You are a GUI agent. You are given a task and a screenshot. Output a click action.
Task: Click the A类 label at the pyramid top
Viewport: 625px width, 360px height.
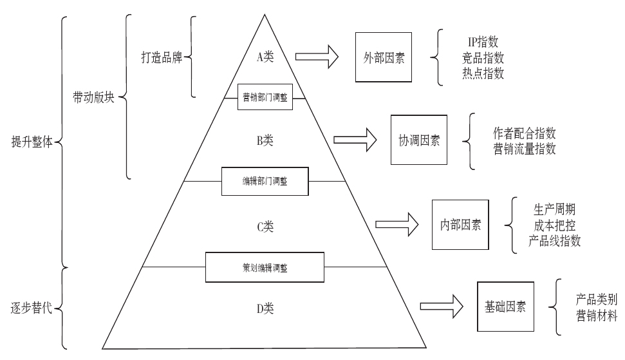265,57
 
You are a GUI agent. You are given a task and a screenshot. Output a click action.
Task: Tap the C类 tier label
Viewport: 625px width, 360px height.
265,226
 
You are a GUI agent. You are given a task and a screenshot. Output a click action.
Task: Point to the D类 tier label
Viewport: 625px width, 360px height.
265,308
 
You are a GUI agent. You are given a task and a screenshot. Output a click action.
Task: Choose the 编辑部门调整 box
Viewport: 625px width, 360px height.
265,182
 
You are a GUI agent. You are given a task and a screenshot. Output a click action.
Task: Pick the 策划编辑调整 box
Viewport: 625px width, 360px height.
265,266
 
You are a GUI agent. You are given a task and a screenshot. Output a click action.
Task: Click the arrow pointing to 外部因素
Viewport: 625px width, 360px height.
320,57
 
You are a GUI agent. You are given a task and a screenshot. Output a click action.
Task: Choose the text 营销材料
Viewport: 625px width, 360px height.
597,315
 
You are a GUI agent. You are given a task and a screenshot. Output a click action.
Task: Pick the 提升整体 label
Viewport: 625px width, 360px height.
32,141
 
